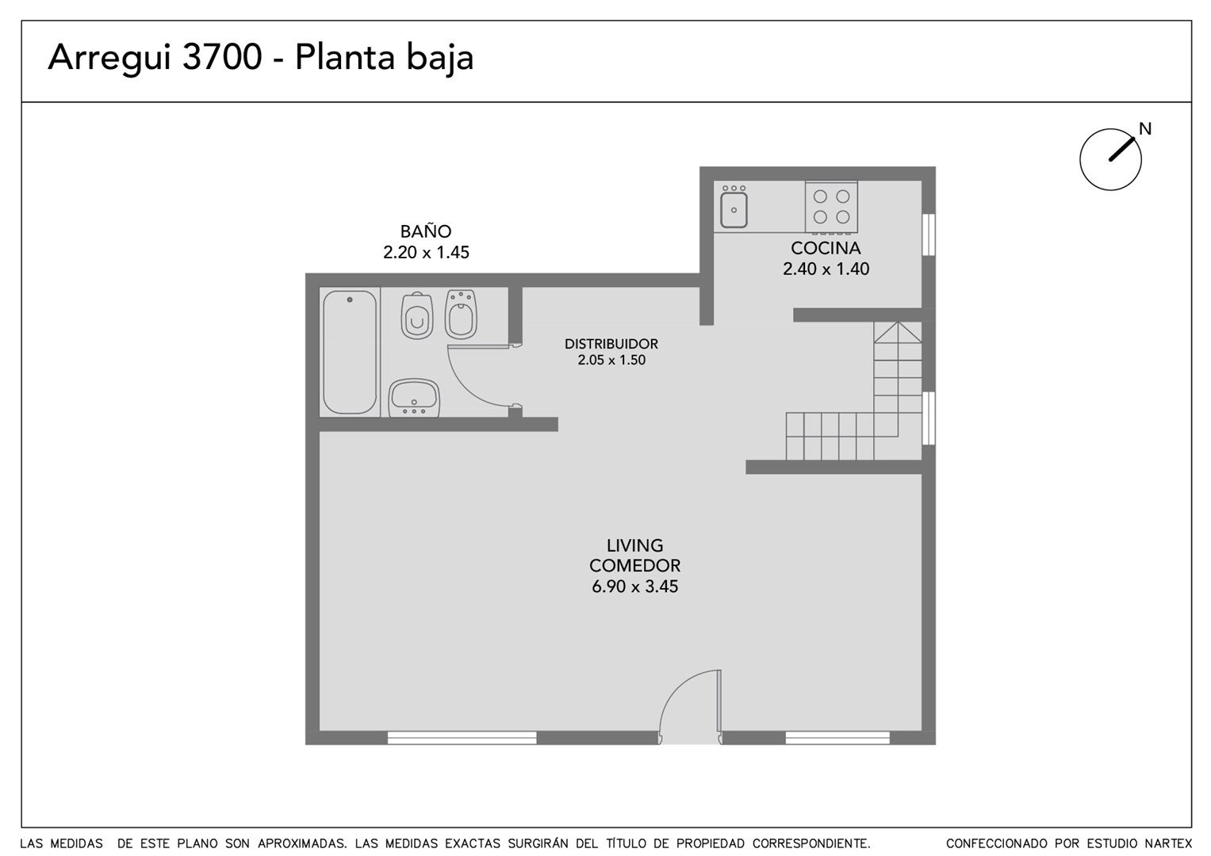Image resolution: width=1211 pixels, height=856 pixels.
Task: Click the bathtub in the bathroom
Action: click(x=350, y=353)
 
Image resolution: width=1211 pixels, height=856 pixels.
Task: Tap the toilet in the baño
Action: click(x=417, y=315)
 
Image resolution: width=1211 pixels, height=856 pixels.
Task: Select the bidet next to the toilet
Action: click(x=461, y=314)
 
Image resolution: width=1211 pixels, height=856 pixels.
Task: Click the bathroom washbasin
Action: click(x=414, y=397)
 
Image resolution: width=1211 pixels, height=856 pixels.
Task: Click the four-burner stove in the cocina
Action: click(x=831, y=206)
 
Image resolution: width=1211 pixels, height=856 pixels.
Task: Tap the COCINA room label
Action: click(x=826, y=248)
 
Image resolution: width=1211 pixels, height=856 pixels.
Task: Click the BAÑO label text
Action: click(x=426, y=231)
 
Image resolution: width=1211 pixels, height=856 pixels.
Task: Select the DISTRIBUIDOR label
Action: click(x=611, y=344)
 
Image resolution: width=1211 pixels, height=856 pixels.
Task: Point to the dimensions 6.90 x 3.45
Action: click(x=634, y=587)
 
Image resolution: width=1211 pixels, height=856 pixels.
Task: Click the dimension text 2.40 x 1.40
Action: click(x=826, y=269)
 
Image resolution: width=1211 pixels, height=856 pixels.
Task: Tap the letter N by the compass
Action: click(x=1145, y=128)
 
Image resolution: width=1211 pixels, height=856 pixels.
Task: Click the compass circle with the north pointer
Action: click(x=1111, y=159)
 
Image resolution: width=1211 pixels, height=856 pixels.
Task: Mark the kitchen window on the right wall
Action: click(x=928, y=235)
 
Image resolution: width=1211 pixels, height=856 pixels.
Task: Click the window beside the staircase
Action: click(x=928, y=418)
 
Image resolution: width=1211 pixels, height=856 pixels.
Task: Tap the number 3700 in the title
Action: click(x=222, y=57)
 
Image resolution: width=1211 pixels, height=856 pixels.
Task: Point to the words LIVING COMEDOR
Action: click(x=634, y=556)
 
